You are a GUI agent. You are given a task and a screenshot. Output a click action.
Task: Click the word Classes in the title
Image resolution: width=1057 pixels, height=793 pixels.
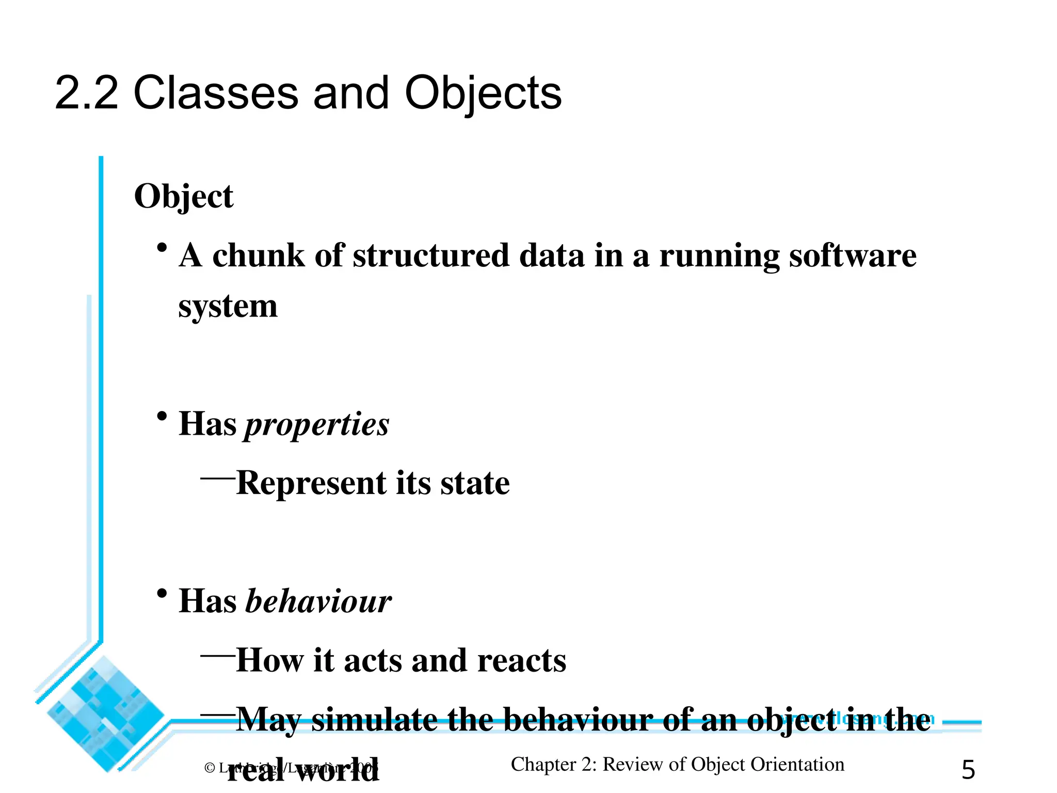216,93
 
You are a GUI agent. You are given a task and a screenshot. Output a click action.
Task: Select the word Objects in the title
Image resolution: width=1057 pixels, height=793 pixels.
483,94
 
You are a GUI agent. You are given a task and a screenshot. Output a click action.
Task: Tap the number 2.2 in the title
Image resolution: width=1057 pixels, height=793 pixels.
86,93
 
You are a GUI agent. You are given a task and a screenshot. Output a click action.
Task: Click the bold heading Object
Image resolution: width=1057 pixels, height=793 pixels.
183,197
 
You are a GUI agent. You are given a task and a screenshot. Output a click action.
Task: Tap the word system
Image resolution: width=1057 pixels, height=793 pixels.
228,307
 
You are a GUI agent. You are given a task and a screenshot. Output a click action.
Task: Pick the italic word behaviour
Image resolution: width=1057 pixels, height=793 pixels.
318,601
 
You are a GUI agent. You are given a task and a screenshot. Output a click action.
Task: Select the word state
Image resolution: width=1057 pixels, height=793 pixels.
475,483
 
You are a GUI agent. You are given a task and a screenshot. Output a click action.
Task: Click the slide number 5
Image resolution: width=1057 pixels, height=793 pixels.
968,770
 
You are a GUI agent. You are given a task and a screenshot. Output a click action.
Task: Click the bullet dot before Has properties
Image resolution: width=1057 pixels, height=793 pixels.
162,416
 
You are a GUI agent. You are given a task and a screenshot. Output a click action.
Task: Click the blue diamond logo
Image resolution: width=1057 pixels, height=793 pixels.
106,714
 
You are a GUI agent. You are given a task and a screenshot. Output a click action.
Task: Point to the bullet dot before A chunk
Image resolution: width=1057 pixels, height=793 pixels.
162,248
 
